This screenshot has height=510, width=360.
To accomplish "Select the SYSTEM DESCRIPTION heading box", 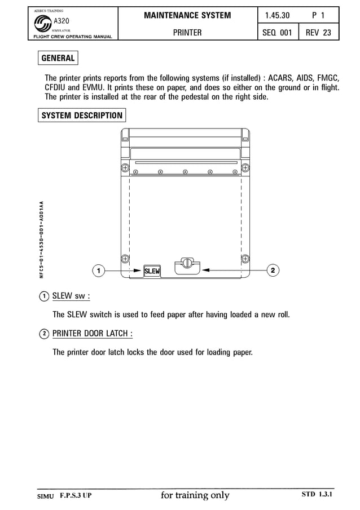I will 82,116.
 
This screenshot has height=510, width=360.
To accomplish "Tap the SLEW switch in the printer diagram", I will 152,271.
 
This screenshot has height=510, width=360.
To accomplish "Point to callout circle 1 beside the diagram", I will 98,271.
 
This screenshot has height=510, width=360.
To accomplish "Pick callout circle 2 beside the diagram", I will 273,271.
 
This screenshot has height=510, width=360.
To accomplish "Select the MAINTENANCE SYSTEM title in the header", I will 187,15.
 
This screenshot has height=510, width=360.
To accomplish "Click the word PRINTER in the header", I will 187,33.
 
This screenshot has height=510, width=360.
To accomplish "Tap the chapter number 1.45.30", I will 277,15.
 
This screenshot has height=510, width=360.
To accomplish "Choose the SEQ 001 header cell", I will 277,33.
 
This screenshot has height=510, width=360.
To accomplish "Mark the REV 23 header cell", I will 318,33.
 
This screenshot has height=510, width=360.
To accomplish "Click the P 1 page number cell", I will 318,15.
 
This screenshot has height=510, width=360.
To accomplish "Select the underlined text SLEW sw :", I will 71,296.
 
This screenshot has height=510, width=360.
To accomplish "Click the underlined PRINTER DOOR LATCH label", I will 93,333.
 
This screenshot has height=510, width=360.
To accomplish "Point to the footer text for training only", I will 195,495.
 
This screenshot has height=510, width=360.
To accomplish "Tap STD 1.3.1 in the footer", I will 318,495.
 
